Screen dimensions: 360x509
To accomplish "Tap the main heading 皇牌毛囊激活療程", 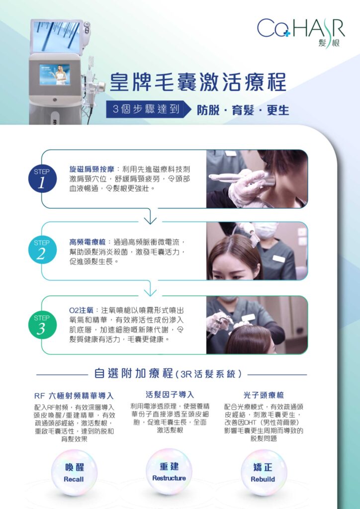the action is point(198,83).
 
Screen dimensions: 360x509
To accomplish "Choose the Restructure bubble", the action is point(169,472).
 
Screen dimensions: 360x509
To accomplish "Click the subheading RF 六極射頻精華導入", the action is point(74,396).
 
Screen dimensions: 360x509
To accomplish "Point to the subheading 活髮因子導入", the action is point(170,395).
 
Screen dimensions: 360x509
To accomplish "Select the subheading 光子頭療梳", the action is point(264,395).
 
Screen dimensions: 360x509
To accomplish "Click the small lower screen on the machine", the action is point(55,75).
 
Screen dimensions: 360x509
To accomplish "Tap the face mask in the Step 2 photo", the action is point(266,230).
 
